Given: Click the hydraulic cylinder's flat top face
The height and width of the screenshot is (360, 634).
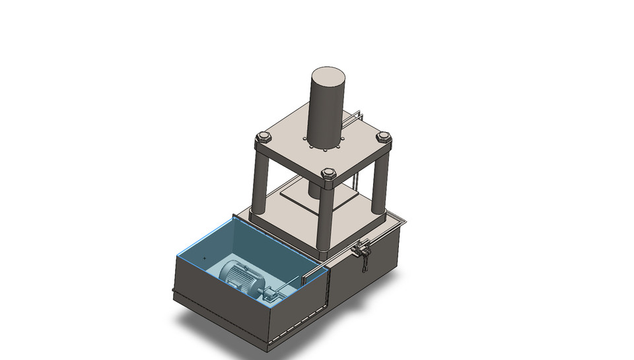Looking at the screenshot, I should [x=328, y=73].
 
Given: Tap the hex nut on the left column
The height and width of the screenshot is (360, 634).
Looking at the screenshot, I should [x=263, y=138].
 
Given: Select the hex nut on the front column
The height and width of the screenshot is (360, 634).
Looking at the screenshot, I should [x=328, y=174].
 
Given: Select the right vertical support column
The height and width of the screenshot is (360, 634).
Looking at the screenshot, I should [x=379, y=178].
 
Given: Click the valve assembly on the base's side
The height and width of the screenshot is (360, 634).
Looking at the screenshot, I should [x=361, y=250].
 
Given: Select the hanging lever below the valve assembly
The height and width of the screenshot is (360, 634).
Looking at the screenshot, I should [x=364, y=264].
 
